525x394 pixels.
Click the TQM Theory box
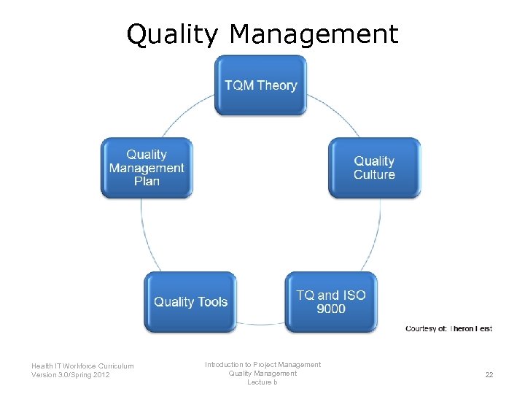click(x=260, y=85)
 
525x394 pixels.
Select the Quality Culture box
click(x=374, y=168)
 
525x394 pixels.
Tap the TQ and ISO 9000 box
click(x=331, y=302)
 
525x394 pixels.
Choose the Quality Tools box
click(x=190, y=302)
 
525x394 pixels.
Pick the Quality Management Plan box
click(x=147, y=168)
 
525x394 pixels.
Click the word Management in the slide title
click(x=314, y=34)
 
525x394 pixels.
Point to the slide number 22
click(x=489, y=374)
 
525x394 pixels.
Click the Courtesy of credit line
click(x=448, y=328)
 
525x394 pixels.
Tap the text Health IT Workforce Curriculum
click(x=82, y=366)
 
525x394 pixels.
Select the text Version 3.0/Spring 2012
click(x=71, y=375)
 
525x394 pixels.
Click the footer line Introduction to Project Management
click(x=262, y=364)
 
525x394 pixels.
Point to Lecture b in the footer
click(x=262, y=382)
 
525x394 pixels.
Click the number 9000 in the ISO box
click(x=331, y=309)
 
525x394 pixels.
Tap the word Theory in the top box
click(x=277, y=85)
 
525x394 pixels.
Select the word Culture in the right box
click(x=374, y=174)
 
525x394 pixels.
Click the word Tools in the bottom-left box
click(x=211, y=302)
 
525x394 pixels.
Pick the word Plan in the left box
click(x=147, y=181)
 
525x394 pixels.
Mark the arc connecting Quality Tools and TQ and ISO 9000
click(x=260, y=324)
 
